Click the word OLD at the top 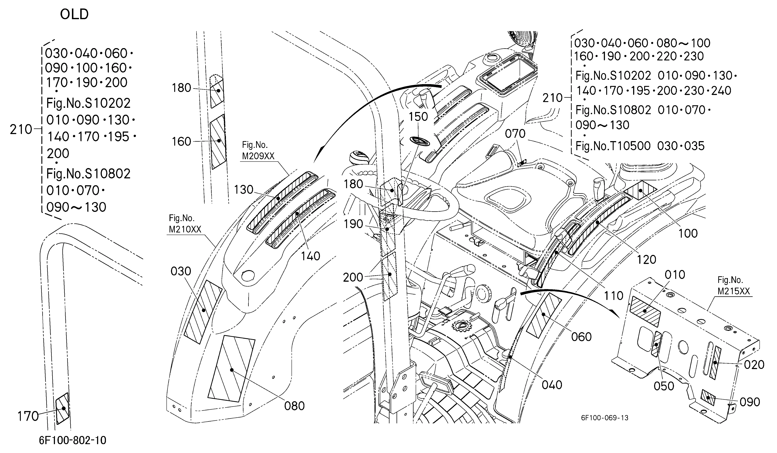click(74, 14)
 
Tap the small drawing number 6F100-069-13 click(605, 418)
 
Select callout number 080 click(294, 406)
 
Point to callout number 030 click(181, 271)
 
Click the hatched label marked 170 click(63, 408)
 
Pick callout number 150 click(418, 117)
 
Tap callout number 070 click(515, 134)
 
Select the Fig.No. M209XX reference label click(258, 150)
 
